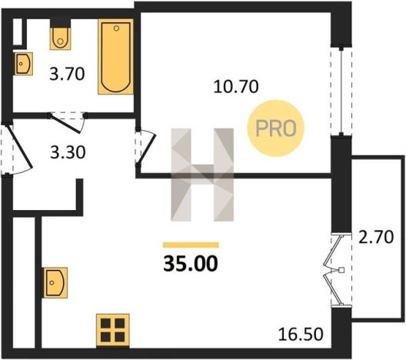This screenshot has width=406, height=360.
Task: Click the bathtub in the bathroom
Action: (116, 56)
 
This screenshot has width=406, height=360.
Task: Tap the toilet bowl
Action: (60, 38)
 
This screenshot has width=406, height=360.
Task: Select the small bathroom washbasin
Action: (23, 64)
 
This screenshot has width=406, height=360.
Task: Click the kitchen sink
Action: (55, 282)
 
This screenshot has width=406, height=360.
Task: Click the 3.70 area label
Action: (67, 74)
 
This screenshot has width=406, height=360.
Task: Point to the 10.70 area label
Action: (236, 87)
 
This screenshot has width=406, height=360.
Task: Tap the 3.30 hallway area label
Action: (68, 152)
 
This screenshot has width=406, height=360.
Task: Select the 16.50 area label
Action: (301, 334)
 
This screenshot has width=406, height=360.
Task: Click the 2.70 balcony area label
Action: (376, 237)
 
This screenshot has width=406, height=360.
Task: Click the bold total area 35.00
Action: (191, 264)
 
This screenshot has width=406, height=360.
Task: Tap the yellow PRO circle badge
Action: (276, 128)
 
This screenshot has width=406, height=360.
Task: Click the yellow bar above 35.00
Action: (191, 245)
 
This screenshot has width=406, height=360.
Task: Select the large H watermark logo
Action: (202, 175)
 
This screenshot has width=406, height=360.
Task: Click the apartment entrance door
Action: (17, 150)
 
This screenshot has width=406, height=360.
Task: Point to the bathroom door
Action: (68, 122)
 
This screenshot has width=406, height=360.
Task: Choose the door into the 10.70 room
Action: (145, 147)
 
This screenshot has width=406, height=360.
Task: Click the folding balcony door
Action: (338, 270)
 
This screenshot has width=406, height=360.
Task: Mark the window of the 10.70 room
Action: (341, 91)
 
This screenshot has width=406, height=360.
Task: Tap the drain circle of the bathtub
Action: (116, 28)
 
